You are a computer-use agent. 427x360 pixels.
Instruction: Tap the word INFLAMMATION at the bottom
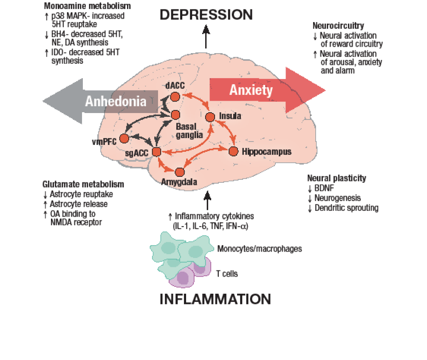point(215,298)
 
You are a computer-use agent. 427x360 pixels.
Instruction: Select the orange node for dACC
point(175,97)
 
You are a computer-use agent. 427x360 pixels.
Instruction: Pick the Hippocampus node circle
point(233,151)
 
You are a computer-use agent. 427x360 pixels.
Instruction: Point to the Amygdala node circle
point(179,172)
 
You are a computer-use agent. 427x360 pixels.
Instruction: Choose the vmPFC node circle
point(124,138)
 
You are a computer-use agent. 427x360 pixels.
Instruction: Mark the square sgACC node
point(156,151)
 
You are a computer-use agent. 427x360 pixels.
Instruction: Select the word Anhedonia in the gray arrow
point(116,101)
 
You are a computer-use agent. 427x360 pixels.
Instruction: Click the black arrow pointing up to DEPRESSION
point(206,36)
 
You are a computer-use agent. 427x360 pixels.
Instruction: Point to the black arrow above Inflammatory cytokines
point(207,200)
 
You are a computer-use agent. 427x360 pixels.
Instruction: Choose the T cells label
point(226,274)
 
